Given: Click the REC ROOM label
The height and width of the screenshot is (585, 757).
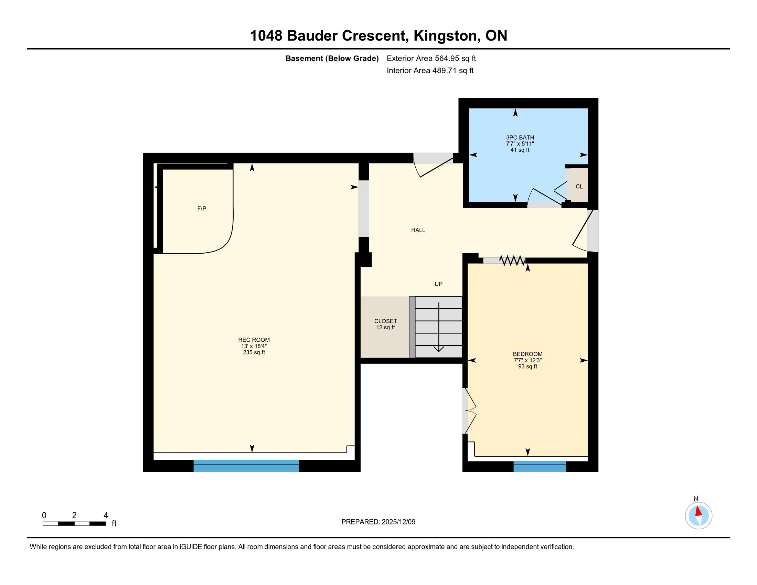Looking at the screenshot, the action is pos(254,340).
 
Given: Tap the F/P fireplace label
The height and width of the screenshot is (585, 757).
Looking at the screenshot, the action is pos(202,208).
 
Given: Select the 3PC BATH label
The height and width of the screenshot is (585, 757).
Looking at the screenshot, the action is pos(520,138).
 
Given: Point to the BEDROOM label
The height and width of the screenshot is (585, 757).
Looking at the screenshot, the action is pos(527,354).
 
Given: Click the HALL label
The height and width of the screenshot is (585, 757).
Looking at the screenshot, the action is pos(418,230).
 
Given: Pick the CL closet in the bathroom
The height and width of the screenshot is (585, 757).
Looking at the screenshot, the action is pos(579,186).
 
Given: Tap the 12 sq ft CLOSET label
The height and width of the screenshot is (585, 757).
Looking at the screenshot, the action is pos(385,325).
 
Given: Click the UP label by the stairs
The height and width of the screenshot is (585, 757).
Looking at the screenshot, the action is pos(438,284).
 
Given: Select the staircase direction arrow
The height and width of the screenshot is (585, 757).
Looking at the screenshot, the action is pos(439,327).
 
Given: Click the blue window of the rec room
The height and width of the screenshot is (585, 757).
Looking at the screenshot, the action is pos(246,466).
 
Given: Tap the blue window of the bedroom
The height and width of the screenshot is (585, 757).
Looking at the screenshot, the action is pos(540,467).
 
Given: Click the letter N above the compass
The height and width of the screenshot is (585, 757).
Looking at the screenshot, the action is pos(696,499).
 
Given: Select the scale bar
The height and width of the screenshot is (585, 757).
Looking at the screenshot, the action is pos(75,524).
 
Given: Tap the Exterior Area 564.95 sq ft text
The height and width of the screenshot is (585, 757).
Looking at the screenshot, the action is pos(431,58).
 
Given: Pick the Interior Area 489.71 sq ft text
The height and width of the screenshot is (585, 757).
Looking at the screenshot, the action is pos(430,71).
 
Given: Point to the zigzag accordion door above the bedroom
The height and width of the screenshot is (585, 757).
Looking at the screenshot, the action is pos(513,260).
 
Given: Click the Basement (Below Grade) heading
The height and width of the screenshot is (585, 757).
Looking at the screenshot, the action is pos(332,58).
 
